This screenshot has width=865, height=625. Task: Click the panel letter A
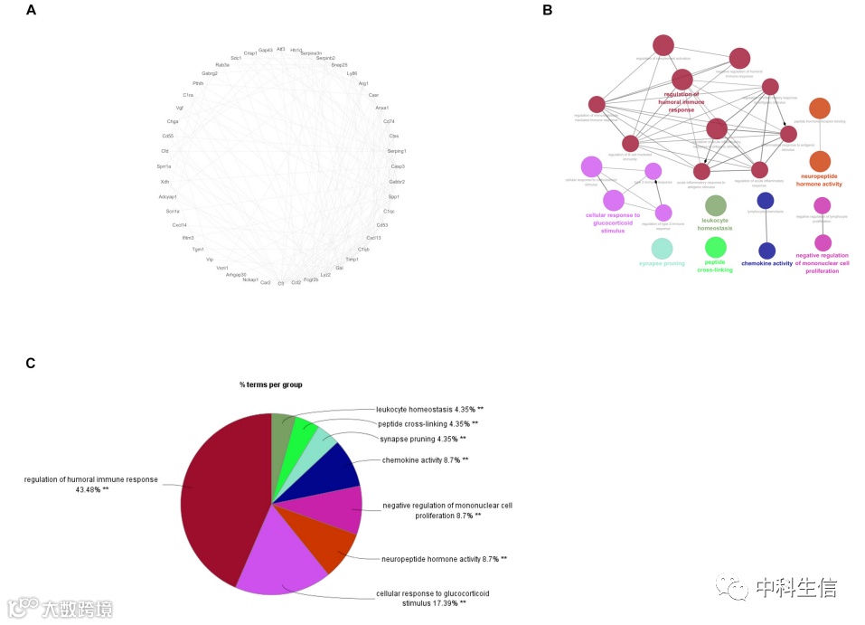[32, 11]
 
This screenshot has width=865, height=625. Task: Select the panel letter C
[31, 364]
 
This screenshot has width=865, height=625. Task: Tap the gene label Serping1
[397, 151]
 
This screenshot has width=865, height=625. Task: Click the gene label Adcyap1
[168, 196]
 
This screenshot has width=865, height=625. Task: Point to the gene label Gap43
[265, 50]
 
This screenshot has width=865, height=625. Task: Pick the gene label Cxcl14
[179, 225]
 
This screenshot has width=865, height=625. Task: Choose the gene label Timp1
[352, 260]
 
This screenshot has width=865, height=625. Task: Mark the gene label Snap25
[339, 65]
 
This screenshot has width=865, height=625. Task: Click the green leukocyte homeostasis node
[716, 206]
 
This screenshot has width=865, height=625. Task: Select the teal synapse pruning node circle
[663, 248]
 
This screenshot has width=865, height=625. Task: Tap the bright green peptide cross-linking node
[716, 247]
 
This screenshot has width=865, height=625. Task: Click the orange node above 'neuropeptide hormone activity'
[820, 162]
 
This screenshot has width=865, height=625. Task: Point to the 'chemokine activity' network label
[766, 264]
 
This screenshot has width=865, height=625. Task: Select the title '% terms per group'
[271, 384]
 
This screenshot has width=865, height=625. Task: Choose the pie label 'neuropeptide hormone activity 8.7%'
[444, 559]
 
